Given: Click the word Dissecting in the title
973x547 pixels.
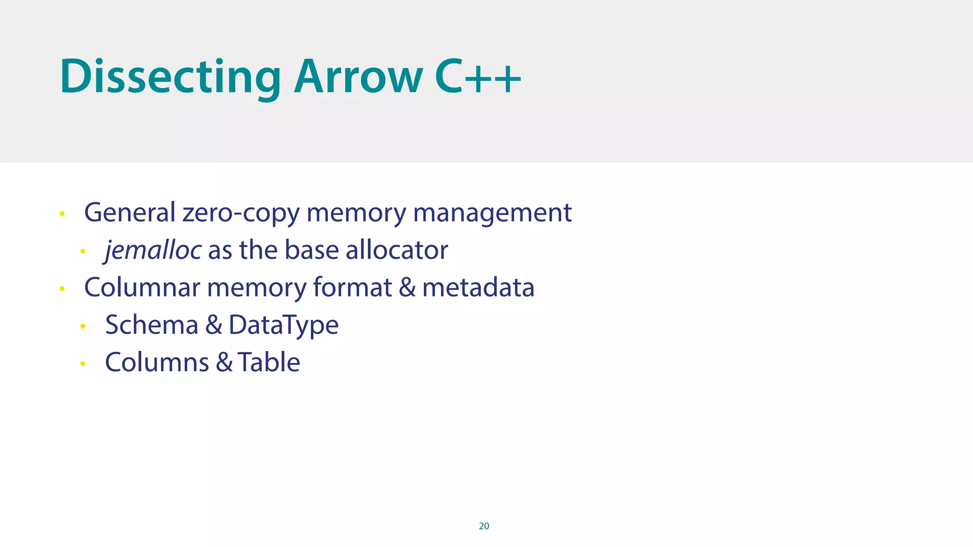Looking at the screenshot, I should pyautogui.click(x=170, y=77).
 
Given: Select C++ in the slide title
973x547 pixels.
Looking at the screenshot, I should pyautogui.click(x=477, y=77).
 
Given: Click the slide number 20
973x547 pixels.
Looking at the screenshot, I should pyautogui.click(x=484, y=526).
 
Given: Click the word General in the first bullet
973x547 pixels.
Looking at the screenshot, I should pyautogui.click(x=130, y=212).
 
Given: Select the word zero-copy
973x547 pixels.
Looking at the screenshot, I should pyautogui.click(x=241, y=213).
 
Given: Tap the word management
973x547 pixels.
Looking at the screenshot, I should pyautogui.click(x=492, y=213).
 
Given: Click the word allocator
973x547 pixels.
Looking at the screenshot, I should pyautogui.click(x=397, y=250).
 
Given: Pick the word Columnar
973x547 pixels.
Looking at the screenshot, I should pyautogui.click(x=142, y=288).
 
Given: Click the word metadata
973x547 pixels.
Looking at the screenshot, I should pyautogui.click(x=478, y=288).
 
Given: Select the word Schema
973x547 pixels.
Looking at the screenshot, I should pyautogui.click(x=152, y=325).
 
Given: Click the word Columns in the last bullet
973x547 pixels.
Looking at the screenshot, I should pyautogui.click(x=157, y=363).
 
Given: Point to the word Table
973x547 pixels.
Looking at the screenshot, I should pyautogui.click(x=269, y=363).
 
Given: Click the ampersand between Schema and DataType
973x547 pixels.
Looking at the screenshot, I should pyautogui.click(x=214, y=325).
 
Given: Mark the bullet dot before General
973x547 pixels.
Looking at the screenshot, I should pyautogui.click(x=62, y=214).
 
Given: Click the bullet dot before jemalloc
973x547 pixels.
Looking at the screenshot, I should pyautogui.click(x=83, y=251).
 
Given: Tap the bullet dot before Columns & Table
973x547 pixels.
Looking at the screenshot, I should pyautogui.click(x=83, y=364).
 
